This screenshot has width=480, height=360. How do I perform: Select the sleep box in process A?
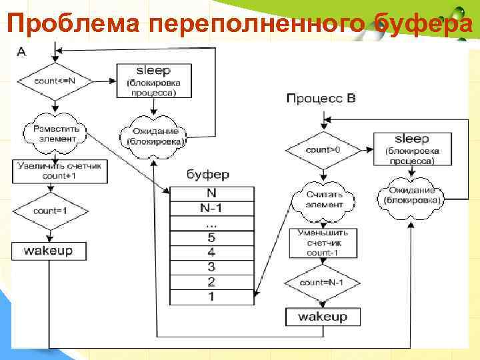tap(153, 81)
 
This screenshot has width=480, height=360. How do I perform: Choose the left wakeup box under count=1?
tap(48, 251)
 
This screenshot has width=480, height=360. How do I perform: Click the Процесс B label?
tap(321, 99)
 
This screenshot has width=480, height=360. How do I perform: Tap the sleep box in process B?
tap(411, 148)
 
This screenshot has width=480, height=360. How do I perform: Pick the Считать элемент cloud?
tap(324, 199)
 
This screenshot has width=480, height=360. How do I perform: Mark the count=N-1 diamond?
tap(322, 283)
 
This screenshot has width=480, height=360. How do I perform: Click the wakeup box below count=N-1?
tap(323, 317)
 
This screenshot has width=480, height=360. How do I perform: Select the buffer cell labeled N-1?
tap(212, 207)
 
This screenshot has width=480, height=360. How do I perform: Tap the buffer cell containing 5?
tap(212, 238)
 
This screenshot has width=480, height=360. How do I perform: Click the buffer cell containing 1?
tap(212, 297)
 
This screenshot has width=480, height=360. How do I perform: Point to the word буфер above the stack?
tap(207, 175)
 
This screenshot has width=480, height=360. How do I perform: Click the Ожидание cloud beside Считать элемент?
tap(411, 195)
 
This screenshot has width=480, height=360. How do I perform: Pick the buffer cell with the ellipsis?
tap(212, 223)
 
